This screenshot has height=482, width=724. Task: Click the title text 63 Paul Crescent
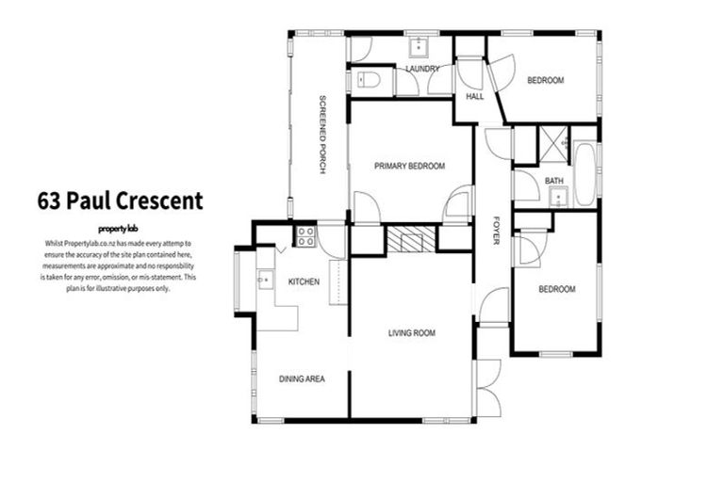click(x=120, y=201)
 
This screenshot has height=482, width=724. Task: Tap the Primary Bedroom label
click(x=409, y=166)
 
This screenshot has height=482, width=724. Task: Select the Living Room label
click(x=412, y=333)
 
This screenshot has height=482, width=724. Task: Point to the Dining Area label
click(x=302, y=378)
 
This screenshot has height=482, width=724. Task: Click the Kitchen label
click(x=304, y=281)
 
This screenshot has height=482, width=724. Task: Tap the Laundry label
click(x=422, y=70)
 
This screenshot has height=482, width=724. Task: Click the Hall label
click(x=474, y=96)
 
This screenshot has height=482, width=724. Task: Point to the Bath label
click(x=553, y=180)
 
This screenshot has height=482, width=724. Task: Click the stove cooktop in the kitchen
click(x=306, y=236)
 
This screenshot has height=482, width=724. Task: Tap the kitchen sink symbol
click(x=265, y=279)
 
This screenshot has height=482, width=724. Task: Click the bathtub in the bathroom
click(x=584, y=175)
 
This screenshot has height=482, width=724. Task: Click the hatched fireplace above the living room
click(x=411, y=239)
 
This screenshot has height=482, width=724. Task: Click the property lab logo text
click(x=119, y=229)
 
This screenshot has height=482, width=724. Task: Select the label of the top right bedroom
click(x=545, y=81)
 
